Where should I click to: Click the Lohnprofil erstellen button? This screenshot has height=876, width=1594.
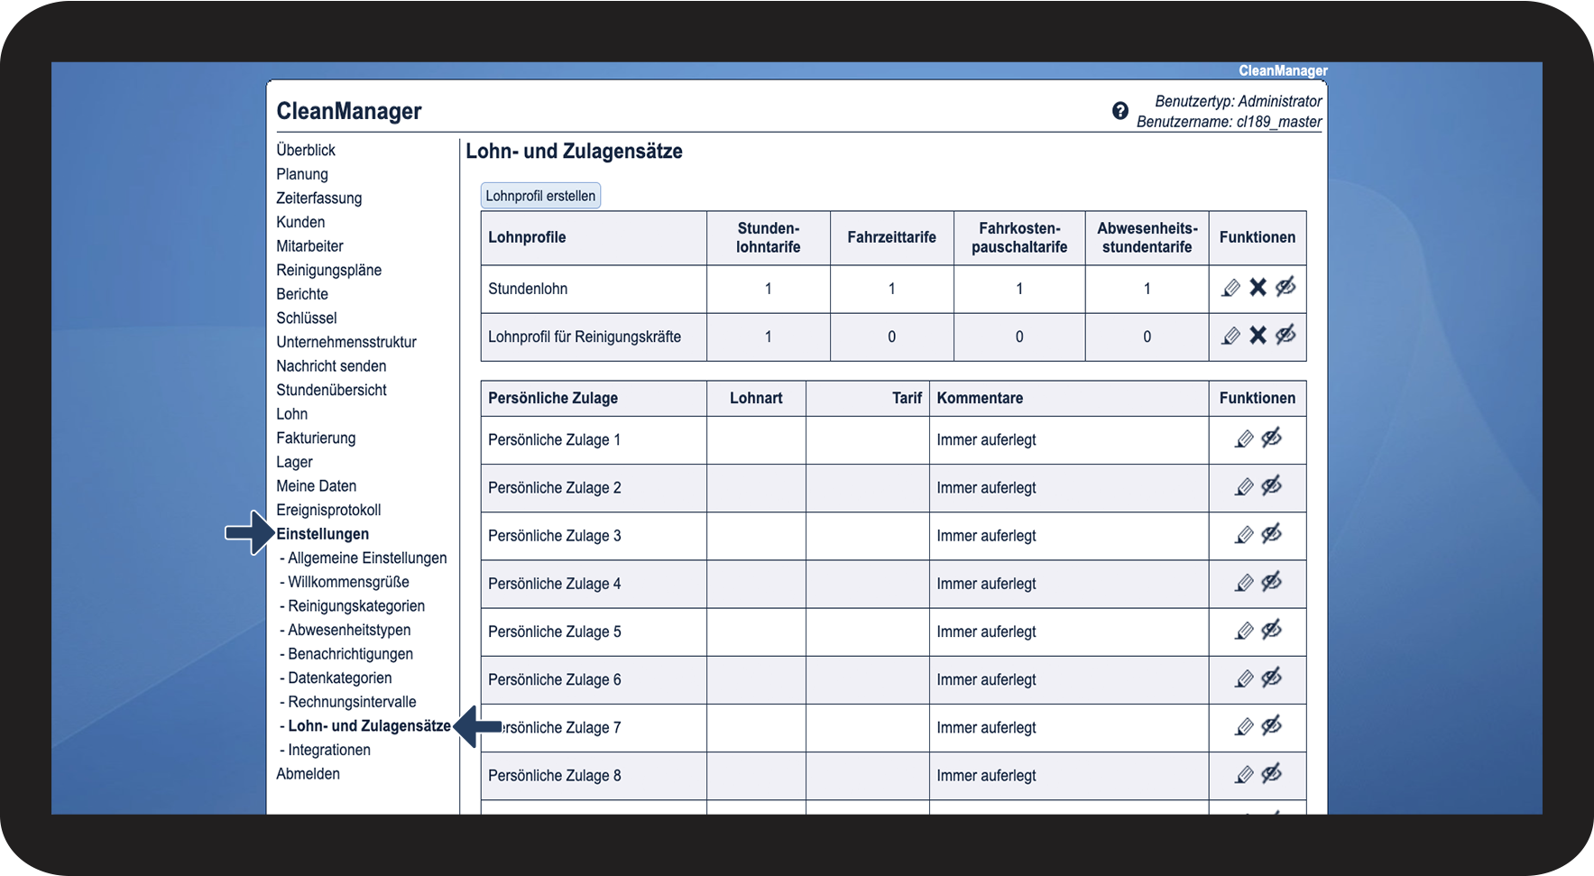point(540,196)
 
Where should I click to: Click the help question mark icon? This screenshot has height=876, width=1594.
point(1119,111)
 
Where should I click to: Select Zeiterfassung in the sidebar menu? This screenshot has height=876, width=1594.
point(318,198)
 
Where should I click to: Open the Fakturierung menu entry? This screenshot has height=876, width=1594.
point(316,438)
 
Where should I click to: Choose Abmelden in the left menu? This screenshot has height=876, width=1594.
point(308,774)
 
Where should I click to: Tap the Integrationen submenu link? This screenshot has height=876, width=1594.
point(328,750)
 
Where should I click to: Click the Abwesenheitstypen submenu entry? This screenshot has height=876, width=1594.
point(348,630)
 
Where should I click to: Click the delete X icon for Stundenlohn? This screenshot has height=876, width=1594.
point(1258,288)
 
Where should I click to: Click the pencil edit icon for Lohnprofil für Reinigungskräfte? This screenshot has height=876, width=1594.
point(1230,337)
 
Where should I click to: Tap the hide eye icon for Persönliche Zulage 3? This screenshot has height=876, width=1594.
point(1272,535)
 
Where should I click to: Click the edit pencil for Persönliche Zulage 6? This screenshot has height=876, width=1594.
point(1244,679)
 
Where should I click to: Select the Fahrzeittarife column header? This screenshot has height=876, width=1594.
point(891,237)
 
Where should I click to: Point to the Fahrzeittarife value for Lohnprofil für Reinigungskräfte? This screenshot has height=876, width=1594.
point(891,337)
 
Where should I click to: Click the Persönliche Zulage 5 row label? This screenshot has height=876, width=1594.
point(554,632)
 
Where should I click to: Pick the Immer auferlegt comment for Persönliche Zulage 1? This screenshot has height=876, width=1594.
point(986,440)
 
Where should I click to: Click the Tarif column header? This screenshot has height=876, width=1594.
point(907,398)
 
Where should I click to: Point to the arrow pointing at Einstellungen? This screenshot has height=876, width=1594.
point(248,533)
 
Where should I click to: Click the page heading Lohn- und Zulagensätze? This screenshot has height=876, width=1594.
point(574,152)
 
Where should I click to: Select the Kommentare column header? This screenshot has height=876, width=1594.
point(980,398)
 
